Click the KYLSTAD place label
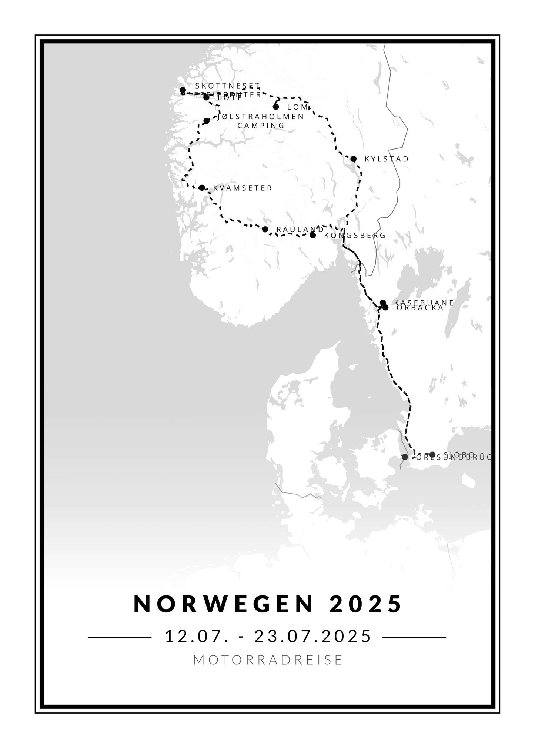pyautogui.click(x=387, y=159)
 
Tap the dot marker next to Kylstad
pyautogui.click(x=353, y=159)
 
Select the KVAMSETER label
pyautogui.click(x=243, y=188)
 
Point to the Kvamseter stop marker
pyautogui.click(x=202, y=188)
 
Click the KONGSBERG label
pyautogui.click(x=355, y=236)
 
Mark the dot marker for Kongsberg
pyautogui.click(x=313, y=235)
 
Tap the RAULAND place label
pyautogui.click(x=300, y=230)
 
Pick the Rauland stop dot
pyautogui.click(x=265, y=229)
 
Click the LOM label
pyautogui.click(x=298, y=107)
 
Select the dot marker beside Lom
pyautogui.click(x=276, y=107)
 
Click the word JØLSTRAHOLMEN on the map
pyautogui.click(x=261, y=117)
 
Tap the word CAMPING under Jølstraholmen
pyautogui.click(x=261, y=126)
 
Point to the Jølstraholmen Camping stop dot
pyautogui.click(x=207, y=121)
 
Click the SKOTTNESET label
pyautogui.click(x=228, y=86)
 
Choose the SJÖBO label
pyautogui.click(x=459, y=454)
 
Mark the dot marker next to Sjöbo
pyautogui.click(x=432, y=454)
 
